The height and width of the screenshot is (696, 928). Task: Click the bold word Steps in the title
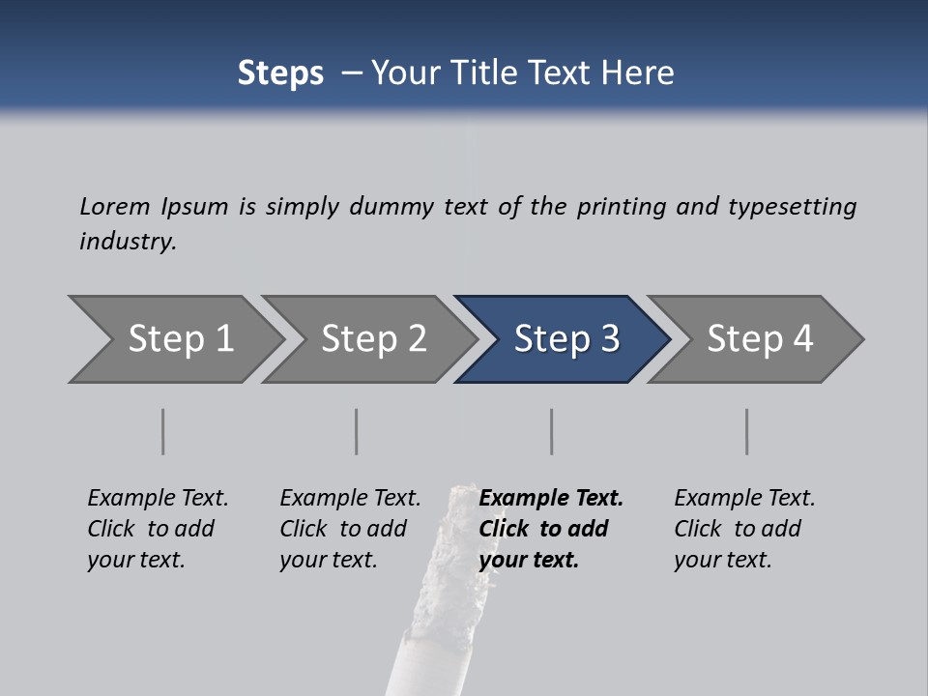click(280, 73)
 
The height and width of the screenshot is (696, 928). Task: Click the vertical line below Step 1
click(163, 431)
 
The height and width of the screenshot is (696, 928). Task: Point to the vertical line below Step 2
click(357, 431)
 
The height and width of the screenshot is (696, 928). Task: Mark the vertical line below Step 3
click(552, 431)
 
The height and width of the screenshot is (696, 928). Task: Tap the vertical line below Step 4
click(747, 431)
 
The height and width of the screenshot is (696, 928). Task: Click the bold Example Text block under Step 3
click(550, 529)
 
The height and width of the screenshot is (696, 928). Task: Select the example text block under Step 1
click(158, 529)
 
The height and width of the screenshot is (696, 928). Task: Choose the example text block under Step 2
click(350, 529)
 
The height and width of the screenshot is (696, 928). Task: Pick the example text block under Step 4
click(743, 529)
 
